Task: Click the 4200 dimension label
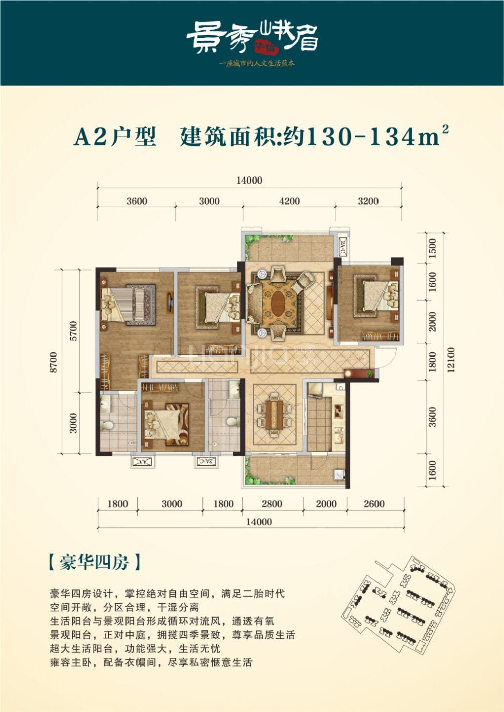[x=289, y=201]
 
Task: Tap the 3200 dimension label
[x=368, y=201]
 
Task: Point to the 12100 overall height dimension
[x=451, y=360]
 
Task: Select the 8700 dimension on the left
[x=54, y=362]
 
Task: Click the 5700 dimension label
[x=73, y=331]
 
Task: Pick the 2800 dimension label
[x=272, y=504]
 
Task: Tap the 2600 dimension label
[x=374, y=504]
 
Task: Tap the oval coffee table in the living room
[x=278, y=303]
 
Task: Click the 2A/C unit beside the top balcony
[x=343, y=246]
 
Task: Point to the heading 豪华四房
[x=94, y=562]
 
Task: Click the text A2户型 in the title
[x=115, y=137]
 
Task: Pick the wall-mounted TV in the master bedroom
[x=170, y=303]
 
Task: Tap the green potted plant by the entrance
[x=369, y=373]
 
